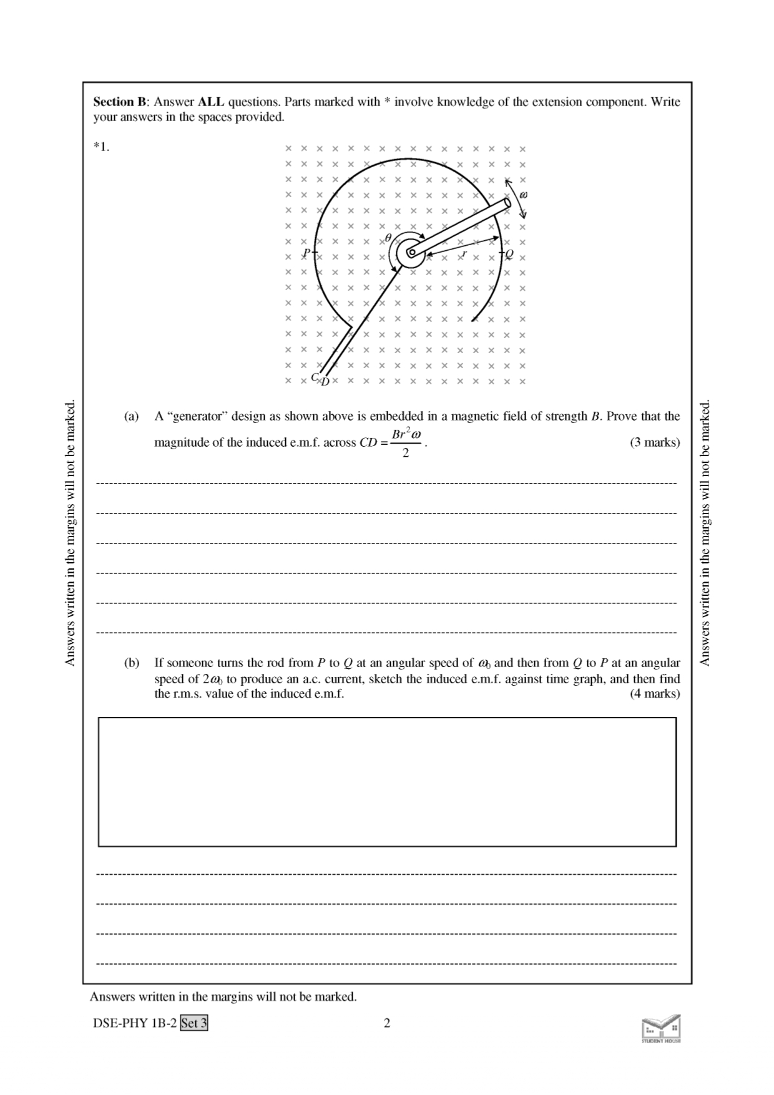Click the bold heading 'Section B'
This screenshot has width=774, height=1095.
coord(121,102)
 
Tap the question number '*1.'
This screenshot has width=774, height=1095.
coord(102,148)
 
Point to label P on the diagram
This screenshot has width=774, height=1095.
coord(306,253)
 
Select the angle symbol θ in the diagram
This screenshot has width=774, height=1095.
coord(388,238)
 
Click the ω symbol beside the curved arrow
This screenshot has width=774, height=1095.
coord(524,195)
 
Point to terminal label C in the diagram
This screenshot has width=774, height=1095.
coord(315,377)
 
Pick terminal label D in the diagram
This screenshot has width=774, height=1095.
coord(325,381)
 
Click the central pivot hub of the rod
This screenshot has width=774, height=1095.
coord(410,253)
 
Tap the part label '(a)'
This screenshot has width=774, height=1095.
coord(131,416)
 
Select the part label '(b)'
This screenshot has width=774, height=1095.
coord(131,663)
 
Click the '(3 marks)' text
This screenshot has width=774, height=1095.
coord(655,442)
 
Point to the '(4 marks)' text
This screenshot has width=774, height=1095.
coord(655,693)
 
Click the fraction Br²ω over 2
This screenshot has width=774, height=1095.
coord(406,442)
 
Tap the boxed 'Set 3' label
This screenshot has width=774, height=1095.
coord(194,1023)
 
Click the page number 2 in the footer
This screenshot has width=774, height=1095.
coord(387,1023)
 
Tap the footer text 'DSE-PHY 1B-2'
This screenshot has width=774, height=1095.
coord(135,1023)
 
